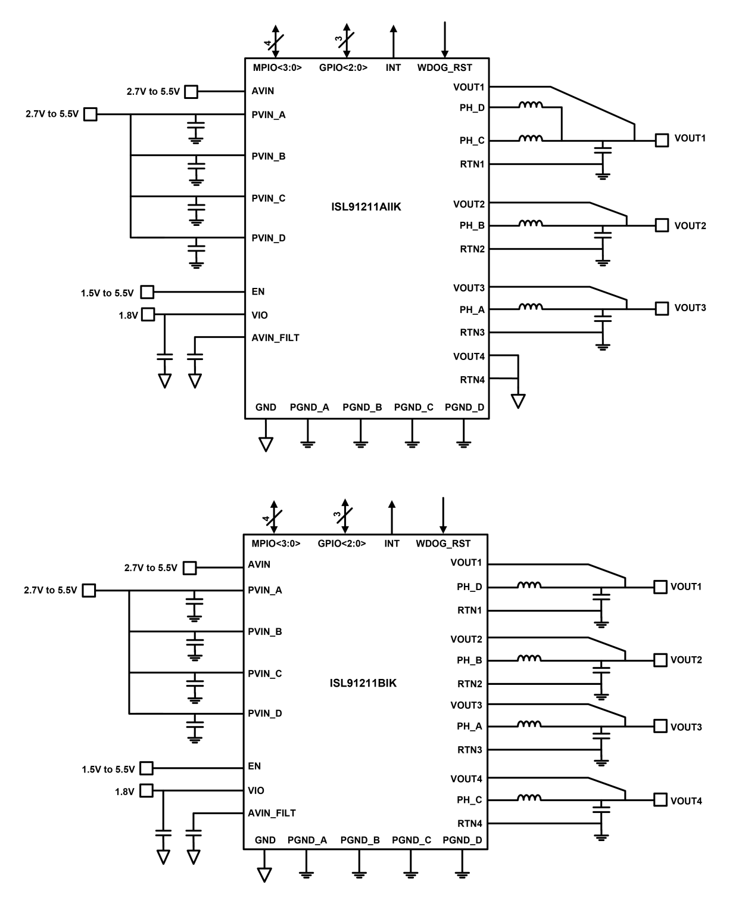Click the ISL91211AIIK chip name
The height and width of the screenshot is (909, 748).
(366, 207)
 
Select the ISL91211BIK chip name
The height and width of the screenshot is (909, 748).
(363, 683)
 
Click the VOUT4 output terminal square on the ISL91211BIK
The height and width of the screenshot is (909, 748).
(660, 800)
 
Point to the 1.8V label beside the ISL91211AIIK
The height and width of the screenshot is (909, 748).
(128, 315)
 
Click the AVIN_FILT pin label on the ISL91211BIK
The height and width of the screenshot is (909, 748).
(272, 813)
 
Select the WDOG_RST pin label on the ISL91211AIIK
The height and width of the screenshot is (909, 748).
(444, 68)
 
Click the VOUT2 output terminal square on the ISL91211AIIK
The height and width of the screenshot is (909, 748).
(662, 225)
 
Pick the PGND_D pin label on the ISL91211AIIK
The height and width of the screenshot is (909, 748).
(464, 408)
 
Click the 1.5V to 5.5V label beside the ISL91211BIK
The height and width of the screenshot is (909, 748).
(108, 770)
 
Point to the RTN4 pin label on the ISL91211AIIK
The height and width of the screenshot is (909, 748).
(472, 380)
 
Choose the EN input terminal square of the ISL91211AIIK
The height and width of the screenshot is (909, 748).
(147, 292)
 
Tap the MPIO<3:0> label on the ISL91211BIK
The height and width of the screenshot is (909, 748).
(276, 544)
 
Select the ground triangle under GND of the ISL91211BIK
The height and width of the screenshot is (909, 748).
(264, 874)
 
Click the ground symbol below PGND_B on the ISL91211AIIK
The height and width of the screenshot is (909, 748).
(360, 442)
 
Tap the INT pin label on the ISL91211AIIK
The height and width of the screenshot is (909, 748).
(393, 68)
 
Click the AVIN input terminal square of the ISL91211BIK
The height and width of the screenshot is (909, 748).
(189, 568)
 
